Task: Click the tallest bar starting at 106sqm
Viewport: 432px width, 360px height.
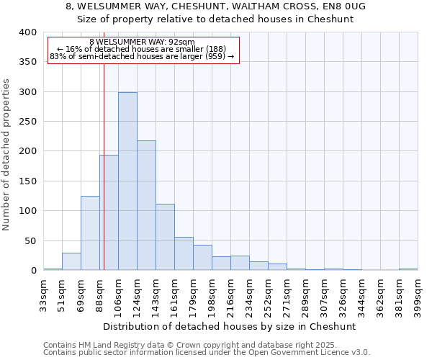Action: coord(127,181)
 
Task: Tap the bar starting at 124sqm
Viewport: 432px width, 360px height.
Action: coord(146,205)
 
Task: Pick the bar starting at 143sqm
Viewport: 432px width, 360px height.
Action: coord(165,237)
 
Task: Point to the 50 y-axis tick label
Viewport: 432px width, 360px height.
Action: coord(30,240)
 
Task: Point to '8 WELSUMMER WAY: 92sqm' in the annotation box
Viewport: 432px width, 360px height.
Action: coord(142,42)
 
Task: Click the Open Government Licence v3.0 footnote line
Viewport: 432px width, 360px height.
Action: coord(206,353)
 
